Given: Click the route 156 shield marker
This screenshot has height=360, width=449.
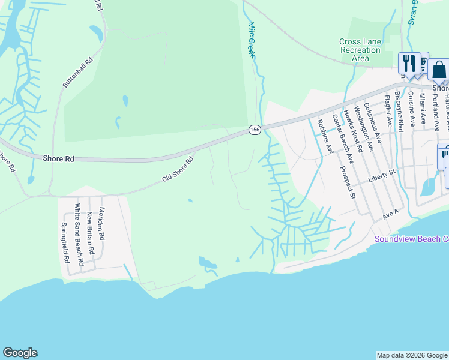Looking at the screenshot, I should (x=255, y=130).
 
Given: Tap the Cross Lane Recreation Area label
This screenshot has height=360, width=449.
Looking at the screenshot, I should (x=360, y=50).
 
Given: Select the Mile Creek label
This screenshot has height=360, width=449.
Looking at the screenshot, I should (x=252, y=40).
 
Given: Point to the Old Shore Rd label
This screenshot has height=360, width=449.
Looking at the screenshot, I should (x=178, y=170).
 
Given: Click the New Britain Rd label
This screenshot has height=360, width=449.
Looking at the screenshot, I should (x=90, y=230).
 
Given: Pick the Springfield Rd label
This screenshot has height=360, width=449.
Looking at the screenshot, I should (x=65, y=244).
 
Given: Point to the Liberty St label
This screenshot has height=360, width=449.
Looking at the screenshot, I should (x=383, y=176).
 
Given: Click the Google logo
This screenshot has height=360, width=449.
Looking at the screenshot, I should (x=20, y=353).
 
